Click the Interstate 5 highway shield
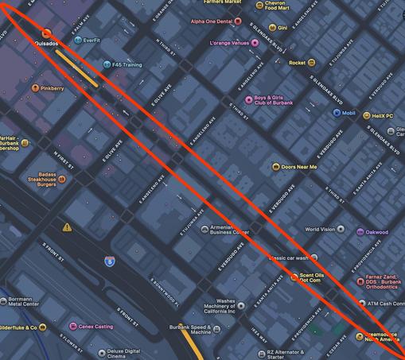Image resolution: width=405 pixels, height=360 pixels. tap(109, 260)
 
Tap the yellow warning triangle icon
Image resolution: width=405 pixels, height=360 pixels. tap(68, 227)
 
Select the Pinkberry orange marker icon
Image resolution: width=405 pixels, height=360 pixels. tap(35, 87)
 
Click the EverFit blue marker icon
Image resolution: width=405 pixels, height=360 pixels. tap(76, 40)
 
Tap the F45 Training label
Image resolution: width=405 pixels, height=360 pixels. tap(130, 64)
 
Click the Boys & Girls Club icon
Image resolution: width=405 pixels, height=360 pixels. tap(247, 99)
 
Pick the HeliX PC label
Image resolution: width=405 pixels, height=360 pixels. tap(387, 116)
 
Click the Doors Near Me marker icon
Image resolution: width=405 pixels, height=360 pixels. tap(275, 167)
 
